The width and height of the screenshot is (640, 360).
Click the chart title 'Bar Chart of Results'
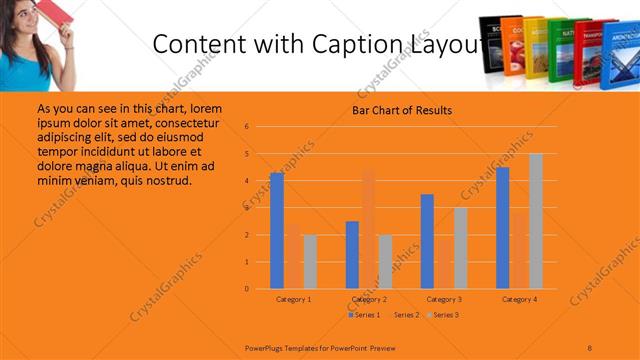[401, 110]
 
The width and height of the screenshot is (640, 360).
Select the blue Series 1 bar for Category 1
[277, 231]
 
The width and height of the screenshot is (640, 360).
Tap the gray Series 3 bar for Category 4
[536, 221]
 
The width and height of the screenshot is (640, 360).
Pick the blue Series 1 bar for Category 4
[502, 228]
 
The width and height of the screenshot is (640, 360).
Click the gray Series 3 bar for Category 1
[310, 262]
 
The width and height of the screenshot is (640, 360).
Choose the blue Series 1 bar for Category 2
[352, 255]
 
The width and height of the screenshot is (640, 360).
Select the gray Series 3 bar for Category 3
[460, 248]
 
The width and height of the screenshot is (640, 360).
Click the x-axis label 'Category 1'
[293, 299]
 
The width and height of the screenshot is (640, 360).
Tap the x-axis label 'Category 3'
[444, 299]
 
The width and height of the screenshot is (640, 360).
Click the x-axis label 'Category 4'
[519, 299]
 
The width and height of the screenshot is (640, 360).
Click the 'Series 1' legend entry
[364, 315]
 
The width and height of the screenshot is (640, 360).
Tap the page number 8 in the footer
[590, 347]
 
